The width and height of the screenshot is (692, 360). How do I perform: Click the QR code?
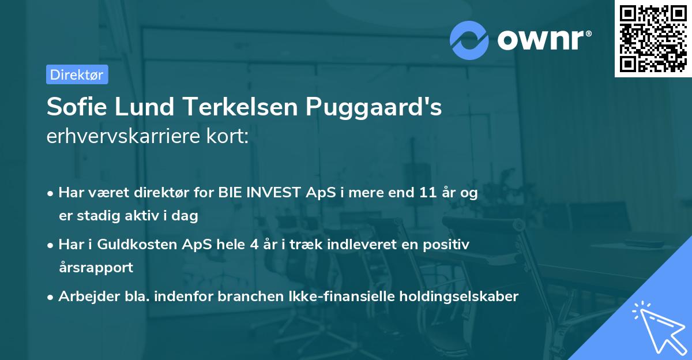tap(652, 39)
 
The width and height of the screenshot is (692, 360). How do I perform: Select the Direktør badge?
tap(77, 74)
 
